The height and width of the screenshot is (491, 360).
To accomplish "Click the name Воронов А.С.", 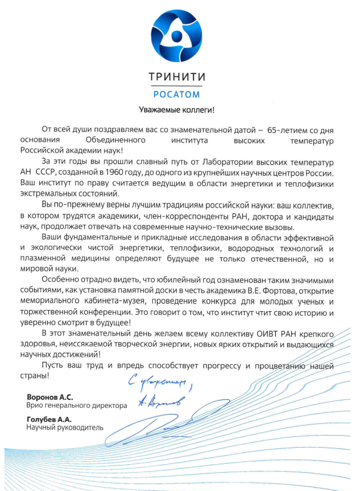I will [x=50, y=396].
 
